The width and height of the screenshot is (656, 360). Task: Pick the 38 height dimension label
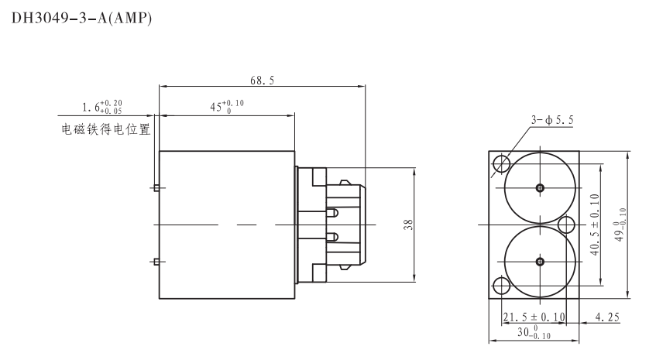click(x=408, y=225)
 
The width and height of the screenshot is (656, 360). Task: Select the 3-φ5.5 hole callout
click(x=552, y=120)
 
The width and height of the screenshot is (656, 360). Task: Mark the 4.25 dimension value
click(x=609, y=317)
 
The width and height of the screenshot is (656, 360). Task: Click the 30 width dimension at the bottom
click(x=534, y=332)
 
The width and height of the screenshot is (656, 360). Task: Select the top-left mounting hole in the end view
click(x=500, y=163)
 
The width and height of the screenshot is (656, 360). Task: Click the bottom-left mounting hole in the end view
click(x=500, y=286)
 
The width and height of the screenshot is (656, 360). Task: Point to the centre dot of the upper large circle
click(x=540, y=187)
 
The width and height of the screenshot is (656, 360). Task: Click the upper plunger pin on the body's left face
click(x=156, y=187)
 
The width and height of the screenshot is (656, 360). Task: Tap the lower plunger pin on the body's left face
click(x=156, y=262)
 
